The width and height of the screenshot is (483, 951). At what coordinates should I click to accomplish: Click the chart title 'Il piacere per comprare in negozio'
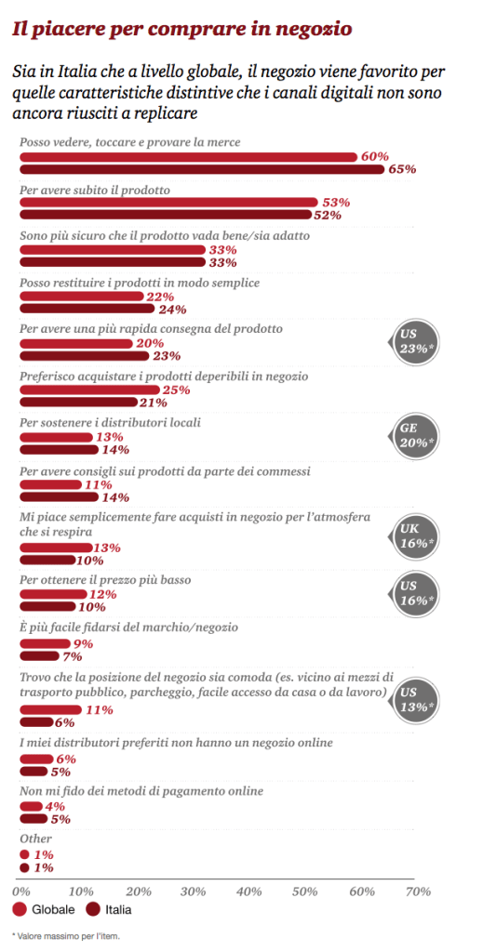coord(181,29)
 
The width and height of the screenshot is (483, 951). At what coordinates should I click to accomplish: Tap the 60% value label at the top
coord(374,156)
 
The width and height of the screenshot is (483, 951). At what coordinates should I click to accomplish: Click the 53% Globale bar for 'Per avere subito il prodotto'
coord(168,203)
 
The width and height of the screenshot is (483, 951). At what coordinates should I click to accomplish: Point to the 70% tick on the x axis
coord(418,891)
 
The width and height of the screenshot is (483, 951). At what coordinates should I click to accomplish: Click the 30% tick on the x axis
coord(193,891)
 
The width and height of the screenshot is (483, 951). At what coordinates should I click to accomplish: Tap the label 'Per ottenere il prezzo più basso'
coord(105,579)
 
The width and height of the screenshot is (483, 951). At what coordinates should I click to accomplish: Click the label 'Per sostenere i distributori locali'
coord(110,421)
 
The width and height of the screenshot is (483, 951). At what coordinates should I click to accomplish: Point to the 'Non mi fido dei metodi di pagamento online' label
coord(141,790)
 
